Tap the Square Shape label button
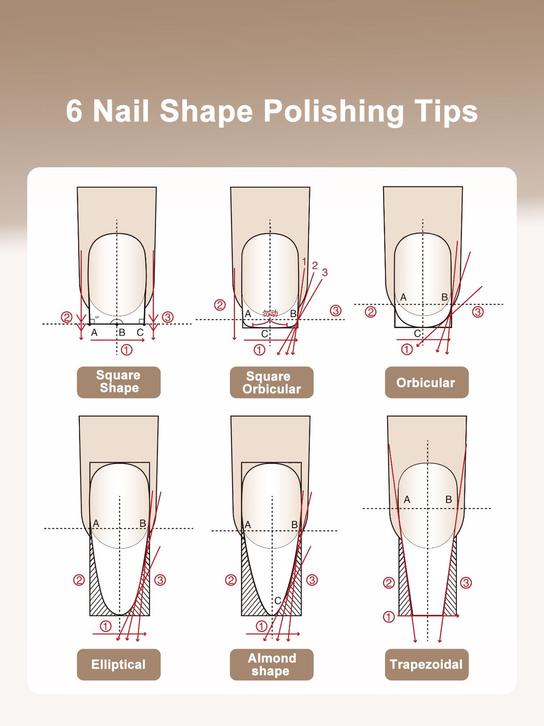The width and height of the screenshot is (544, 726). point(118,382)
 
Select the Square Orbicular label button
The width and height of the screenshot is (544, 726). point(272,382)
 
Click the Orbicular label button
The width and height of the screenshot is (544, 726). point(426,382)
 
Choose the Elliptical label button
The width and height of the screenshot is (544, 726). point(118,664)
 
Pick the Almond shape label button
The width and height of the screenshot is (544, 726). point(272,664)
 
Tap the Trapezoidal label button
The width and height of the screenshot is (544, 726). point(426,664)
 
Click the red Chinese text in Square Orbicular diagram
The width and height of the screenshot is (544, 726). point(270,313)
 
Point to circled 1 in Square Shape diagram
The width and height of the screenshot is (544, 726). point(127,349)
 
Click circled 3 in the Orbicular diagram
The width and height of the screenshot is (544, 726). point(477,312)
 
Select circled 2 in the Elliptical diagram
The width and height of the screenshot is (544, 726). point(79,580)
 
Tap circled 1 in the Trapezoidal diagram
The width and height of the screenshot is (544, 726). point(389,617)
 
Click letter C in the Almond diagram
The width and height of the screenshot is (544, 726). point(278,600)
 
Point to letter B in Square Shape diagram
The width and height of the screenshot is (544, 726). point(122,332)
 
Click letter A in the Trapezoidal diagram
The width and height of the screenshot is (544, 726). point(407,500)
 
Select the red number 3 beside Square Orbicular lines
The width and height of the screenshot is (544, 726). point(325,272)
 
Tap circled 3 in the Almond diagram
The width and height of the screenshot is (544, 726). point(312,580)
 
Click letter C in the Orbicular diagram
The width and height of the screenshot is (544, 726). point(417,333)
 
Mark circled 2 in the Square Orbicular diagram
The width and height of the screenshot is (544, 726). point(220,305)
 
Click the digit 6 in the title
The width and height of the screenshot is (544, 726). point(74,112)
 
